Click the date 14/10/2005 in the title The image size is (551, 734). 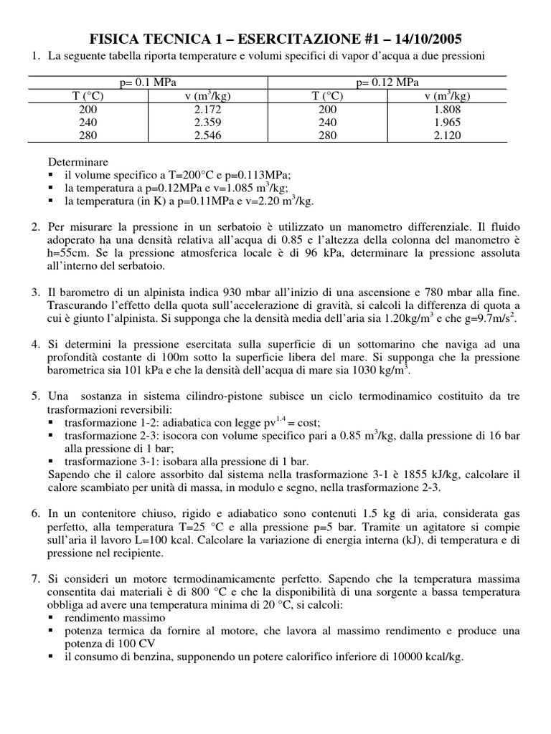[421, 38]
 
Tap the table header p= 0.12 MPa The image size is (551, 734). [387, 83]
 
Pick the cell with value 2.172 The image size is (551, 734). [208, 110]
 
